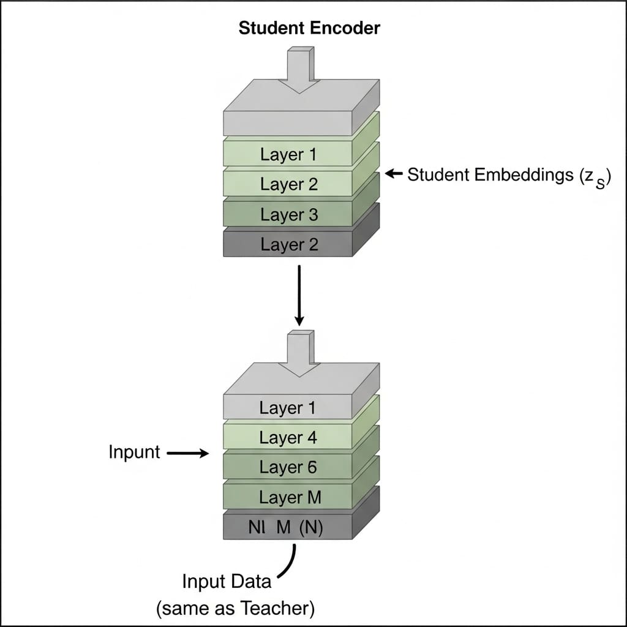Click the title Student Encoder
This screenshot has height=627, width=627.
pyautogui.click(x=309, y=28)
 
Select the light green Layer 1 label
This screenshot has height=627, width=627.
pyautogui.click(x=288, y=154)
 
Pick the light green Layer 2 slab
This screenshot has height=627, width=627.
pyautogui.click(x=288, y=184)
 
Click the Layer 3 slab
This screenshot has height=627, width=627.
pyautogui.click(x=288, y=214)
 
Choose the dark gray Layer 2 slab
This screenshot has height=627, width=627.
pyautogui.click(x=288, y=244)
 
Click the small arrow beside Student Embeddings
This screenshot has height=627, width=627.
pyautogui.click(x=394, y=175)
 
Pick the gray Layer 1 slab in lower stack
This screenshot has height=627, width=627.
pyautogui.click(x=288, y=408)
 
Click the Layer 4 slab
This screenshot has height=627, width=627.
pyautogui.click(x=288, y=438)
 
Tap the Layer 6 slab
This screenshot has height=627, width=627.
pyautogui.click(x=288, y=468)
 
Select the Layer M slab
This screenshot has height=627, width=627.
pyautogui.click(x=288, y=498)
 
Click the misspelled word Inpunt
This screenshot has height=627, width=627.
pyautogui.click(x=134, y=452)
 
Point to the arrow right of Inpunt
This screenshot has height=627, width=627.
pyautogui.click(x=187, y=453)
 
